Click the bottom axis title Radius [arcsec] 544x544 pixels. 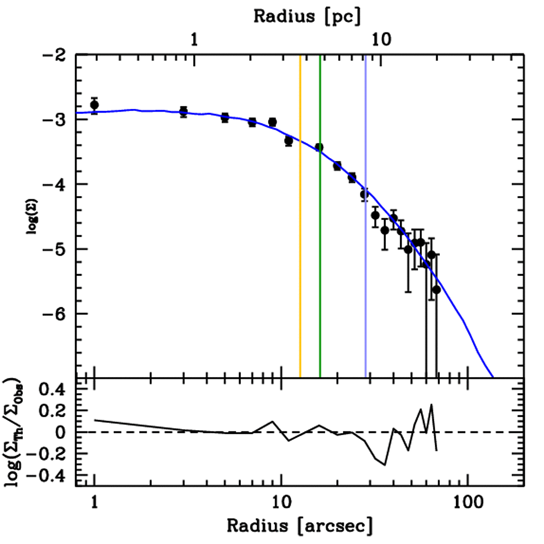coord(300,526)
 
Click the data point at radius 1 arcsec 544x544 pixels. coord(95,105)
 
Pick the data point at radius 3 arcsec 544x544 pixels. coord(183,112)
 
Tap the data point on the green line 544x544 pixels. coord(319,147)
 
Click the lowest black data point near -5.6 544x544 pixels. coord(436,290)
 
